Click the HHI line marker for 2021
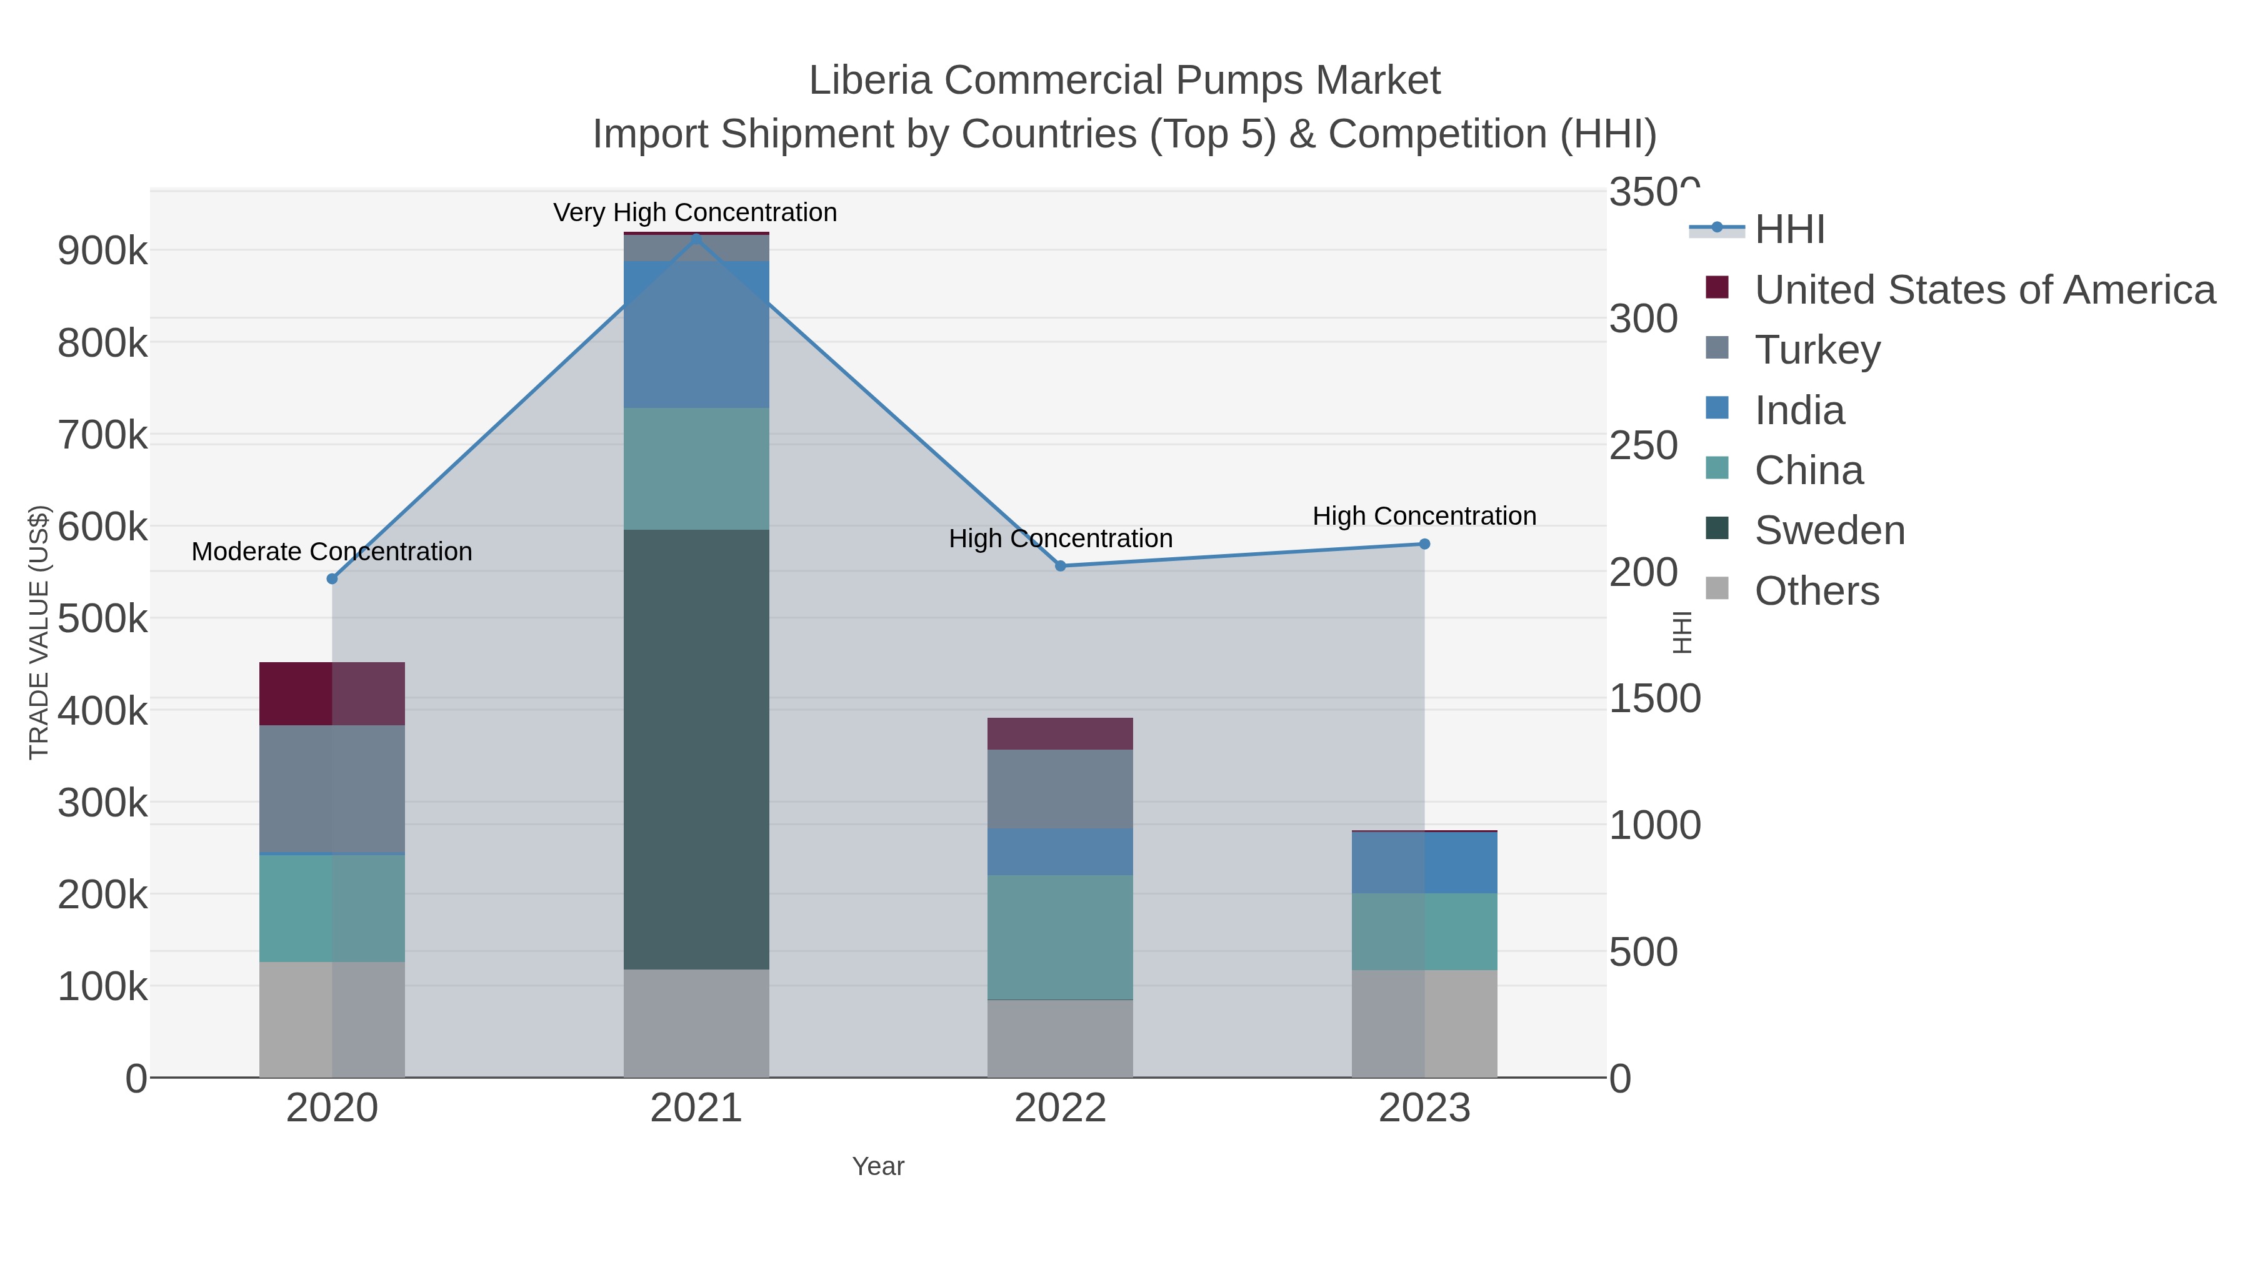click(x=696, y=239)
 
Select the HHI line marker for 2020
click(x=332, y=579)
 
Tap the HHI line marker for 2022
click(x=1061, y=566)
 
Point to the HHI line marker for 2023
click(x=1424, y=544)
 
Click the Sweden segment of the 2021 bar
click(x=696, y=749)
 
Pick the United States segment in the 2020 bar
click(x=332, y=694)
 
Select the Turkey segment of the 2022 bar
click(x=1061, y=788)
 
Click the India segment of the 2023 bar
click(x=1424, y=863)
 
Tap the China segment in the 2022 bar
click(x=1061, y=937)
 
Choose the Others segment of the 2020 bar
click(x=332, y=1019)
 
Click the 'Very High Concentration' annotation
click(x=695, y=212)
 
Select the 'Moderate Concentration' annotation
click(x=332, y=552)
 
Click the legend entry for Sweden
click(x=1830, y=531)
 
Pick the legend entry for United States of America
click(x=1984, y=290)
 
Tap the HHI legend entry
click(x=1790, y=230)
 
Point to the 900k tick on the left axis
click(x=102, y=251)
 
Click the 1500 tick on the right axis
click(x=1655, y=698)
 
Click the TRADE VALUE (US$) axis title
click(x=39, y=632)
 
